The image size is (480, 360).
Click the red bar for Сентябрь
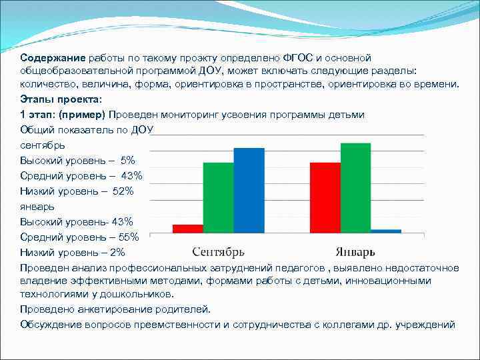click(187, 228)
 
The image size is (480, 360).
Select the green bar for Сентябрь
click(218, 197)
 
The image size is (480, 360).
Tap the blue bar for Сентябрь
click(249, 190)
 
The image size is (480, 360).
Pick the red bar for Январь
click(325, 197)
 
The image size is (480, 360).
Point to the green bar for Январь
click(355, 187)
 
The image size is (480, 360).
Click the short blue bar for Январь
click(386, 231)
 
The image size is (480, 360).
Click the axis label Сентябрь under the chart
click(218, 252)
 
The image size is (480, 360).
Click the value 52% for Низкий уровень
click(123, 191)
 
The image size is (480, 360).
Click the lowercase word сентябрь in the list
click(42, 145)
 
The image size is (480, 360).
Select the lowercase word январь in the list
click(37, 207)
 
